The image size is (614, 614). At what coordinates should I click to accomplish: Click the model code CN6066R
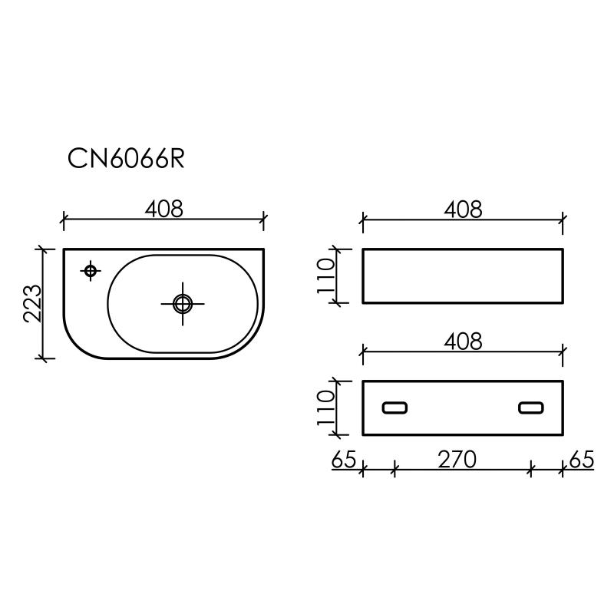126,158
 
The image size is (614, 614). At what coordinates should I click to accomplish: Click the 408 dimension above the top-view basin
163,208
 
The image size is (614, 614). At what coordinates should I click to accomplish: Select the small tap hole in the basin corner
91,270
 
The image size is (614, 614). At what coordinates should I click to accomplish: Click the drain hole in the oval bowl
183,303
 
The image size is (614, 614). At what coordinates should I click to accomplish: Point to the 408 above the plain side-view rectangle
463,208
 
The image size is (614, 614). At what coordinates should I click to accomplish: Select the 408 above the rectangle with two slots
463,341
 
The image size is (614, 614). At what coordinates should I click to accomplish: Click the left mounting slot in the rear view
395,408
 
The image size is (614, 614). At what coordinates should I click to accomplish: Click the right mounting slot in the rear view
531,408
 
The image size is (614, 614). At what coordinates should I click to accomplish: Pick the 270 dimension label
457,459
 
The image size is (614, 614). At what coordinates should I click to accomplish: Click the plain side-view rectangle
463,276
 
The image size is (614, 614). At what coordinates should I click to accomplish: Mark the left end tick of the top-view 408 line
63,221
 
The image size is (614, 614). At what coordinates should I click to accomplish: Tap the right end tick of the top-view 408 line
264,221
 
